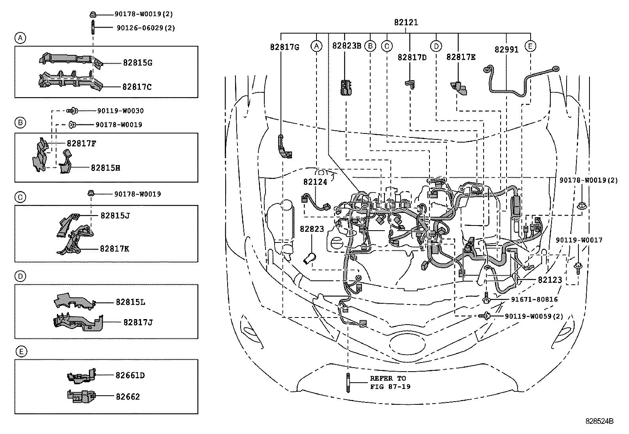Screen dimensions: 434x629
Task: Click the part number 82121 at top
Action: click(406, 23)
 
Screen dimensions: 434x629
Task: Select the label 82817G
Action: click(284, 47)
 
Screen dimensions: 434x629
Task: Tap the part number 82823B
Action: click(347, 46)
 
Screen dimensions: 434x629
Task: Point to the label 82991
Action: click(506, 50)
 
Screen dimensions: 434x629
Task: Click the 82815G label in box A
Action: click(137, 63)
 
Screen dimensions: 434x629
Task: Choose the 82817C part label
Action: click(137, 87)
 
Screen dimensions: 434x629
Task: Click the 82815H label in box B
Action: click(105, 168)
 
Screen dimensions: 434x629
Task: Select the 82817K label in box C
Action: click(115, 249)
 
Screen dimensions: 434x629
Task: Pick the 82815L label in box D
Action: click(130, 302)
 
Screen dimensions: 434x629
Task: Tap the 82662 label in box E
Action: click(128, 396)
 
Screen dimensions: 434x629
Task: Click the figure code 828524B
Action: click(599, 421)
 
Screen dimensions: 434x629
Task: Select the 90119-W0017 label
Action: click(579, 240)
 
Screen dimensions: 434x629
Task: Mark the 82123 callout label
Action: click(550, 280)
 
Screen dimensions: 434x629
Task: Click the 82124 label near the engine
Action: click(315, 182)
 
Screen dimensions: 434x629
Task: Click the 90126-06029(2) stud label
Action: click(146, 28)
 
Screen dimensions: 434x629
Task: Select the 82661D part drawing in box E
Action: click(81, 376)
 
